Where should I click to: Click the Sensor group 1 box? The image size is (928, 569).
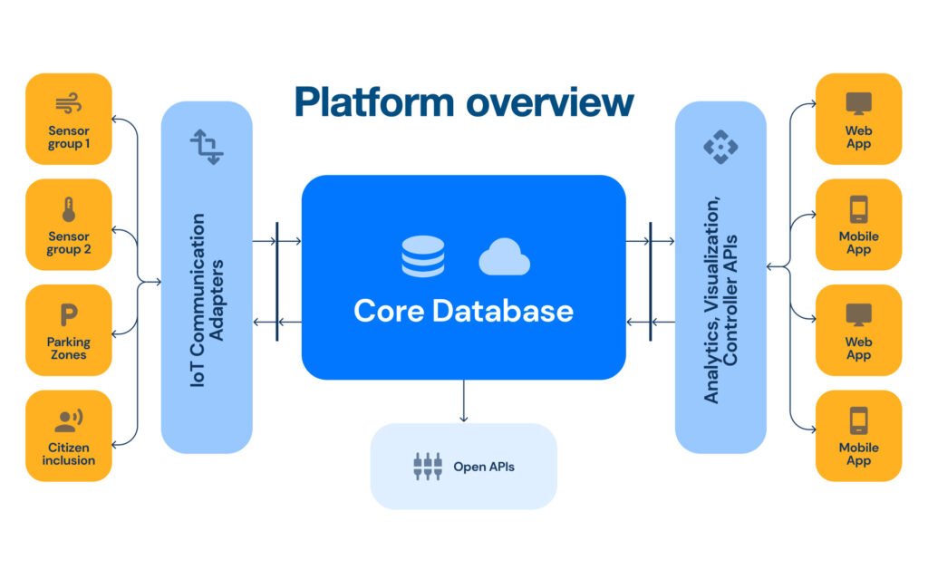coord(69,120)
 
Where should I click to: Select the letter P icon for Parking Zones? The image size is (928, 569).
coord(69,315)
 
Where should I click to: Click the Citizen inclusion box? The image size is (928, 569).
coord(69,435)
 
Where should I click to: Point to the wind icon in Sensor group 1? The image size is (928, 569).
coord(69,103)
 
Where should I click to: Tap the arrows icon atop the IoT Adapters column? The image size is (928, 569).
coord(207,147)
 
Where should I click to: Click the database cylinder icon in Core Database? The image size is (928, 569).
coord(423,256)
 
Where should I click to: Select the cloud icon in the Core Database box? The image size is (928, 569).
coord(504,257)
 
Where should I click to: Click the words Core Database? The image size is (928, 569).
coord(463,311)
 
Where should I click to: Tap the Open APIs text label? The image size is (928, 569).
coord(484,468)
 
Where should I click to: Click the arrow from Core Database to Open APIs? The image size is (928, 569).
coord(464,400)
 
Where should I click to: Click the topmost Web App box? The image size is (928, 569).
coord(858,120)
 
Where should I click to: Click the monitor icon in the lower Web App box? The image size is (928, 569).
coord(858,314)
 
